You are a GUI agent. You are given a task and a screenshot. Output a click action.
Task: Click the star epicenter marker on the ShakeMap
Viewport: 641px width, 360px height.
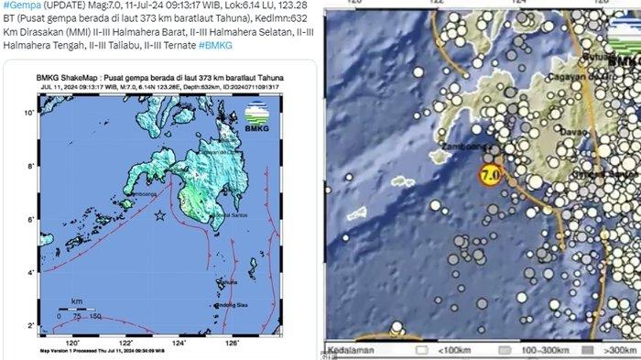coord(160,215)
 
